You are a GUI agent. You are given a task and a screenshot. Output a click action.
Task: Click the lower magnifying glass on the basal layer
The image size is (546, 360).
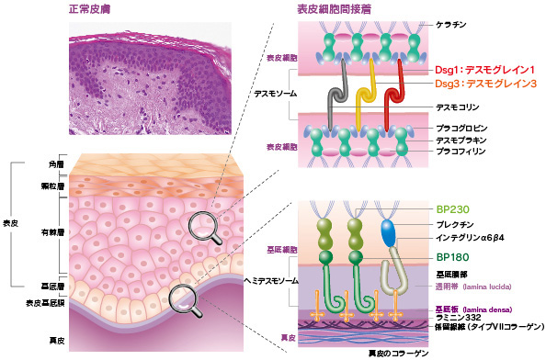[x=184, y=297]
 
